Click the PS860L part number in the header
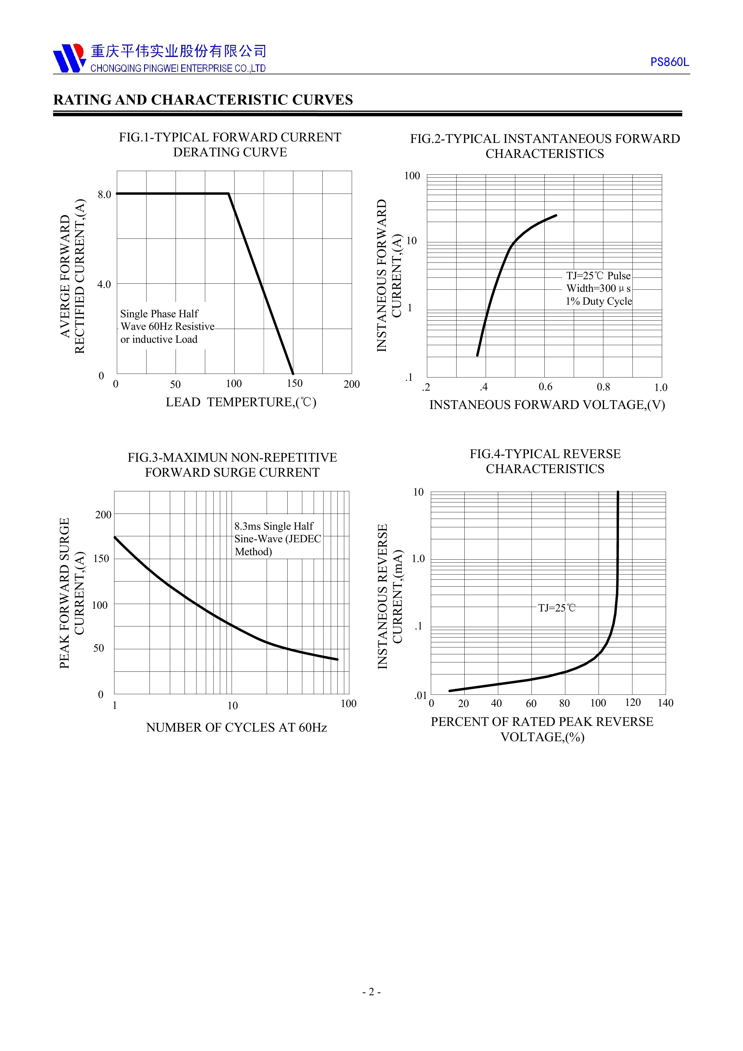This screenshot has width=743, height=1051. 669,62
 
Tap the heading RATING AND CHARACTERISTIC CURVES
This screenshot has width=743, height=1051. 203,100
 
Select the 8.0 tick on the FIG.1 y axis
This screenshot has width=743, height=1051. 104,194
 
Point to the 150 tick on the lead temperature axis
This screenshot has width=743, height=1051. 295,383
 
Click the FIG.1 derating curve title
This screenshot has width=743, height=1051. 230,145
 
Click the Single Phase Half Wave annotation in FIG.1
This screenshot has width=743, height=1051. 167,326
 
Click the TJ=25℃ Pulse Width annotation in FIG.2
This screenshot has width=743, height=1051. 598,289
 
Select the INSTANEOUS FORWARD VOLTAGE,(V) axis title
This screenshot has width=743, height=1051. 547,405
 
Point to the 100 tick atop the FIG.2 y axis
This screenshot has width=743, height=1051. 412,176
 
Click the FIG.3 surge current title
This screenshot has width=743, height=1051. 232,465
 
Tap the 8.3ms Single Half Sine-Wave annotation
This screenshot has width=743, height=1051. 277,539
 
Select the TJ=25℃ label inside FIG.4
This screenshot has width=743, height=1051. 557,608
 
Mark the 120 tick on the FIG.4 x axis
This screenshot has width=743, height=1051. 633,703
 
